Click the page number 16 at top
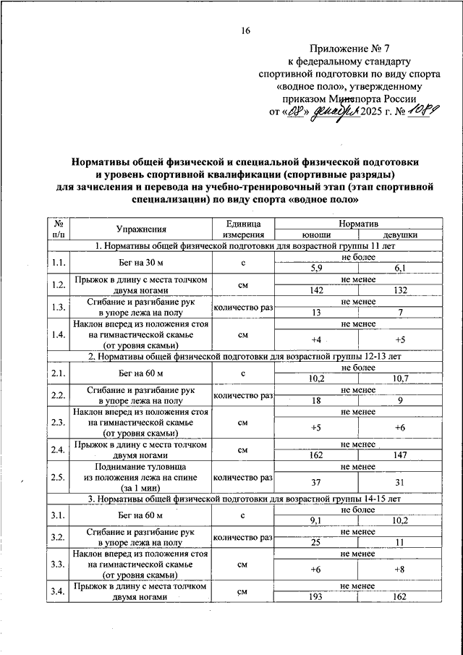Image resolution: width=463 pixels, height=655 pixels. point(246,30)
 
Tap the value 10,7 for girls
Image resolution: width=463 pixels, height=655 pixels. point(399,379)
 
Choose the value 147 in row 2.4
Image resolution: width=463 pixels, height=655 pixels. point(399,457)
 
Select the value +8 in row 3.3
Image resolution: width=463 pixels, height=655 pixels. point(399,570)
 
